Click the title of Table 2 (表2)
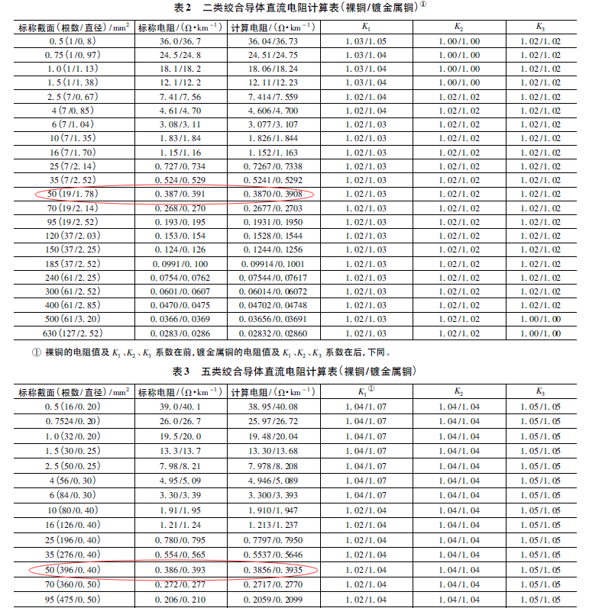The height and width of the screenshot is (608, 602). click(300, 8)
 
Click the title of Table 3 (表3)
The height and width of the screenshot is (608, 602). click(300, 372)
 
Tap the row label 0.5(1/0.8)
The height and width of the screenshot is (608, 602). click(68, 41)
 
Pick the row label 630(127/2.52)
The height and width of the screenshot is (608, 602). click(68, 333)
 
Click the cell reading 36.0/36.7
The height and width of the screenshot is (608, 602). click(180, 41)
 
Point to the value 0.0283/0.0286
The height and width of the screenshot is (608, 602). click(180, 333)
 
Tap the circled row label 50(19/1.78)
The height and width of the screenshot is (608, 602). click(68, 195)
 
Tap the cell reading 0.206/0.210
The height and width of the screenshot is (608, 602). click(180, 600)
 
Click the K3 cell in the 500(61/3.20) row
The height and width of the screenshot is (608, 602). click(540, 317)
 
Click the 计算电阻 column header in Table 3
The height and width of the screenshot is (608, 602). click(273, 391)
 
